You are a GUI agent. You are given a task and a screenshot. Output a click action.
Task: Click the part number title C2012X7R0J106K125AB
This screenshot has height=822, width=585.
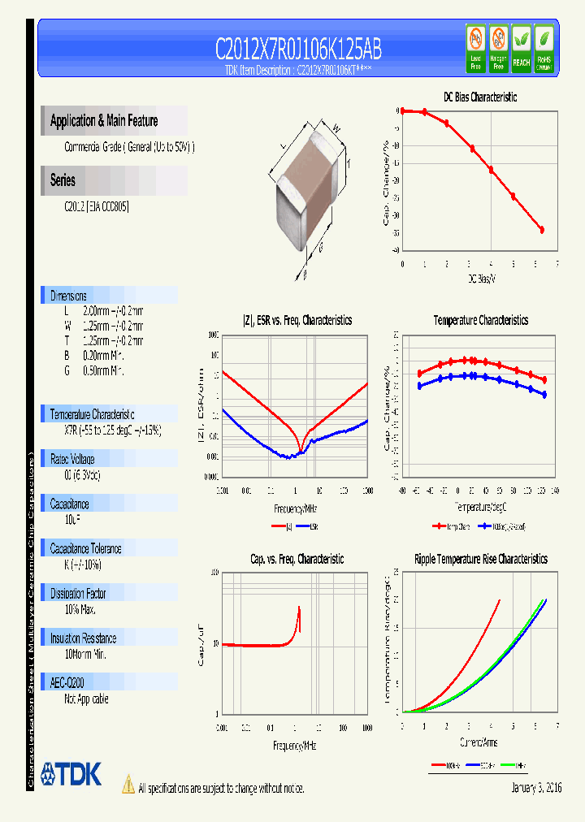pos(298,50)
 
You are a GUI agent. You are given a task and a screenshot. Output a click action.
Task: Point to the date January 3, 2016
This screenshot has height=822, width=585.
pos(536,788)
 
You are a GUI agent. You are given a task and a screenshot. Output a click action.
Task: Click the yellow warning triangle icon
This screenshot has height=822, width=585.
pos(128,785)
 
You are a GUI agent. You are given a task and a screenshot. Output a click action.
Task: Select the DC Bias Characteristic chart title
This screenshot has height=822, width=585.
pos(479,97)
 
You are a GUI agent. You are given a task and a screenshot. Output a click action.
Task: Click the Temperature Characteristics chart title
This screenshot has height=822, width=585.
pos(480,321)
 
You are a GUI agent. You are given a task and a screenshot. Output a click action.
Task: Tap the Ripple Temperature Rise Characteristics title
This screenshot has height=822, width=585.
pos(480,559)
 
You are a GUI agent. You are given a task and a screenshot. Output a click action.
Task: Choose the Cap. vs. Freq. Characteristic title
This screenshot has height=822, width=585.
pos(297,559)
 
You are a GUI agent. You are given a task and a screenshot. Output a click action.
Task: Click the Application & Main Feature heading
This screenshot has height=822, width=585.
pos(104,121)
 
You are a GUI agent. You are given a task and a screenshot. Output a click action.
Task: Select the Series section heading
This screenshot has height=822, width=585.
pos(63,180)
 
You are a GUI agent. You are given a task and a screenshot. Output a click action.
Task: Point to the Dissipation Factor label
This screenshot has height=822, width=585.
pos(78,594)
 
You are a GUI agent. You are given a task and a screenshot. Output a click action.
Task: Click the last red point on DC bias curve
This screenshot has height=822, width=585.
pos(542,230)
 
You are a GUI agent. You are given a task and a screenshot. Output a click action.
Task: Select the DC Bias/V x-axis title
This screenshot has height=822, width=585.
pos(481,279)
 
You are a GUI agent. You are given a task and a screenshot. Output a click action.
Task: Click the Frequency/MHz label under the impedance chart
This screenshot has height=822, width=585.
pos(294,509)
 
